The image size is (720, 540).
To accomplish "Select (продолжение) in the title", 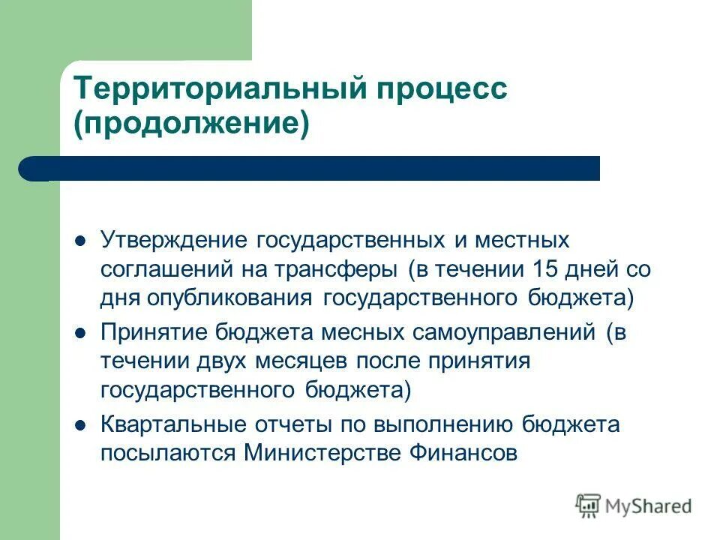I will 190,124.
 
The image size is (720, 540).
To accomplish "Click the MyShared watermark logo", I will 634,505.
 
